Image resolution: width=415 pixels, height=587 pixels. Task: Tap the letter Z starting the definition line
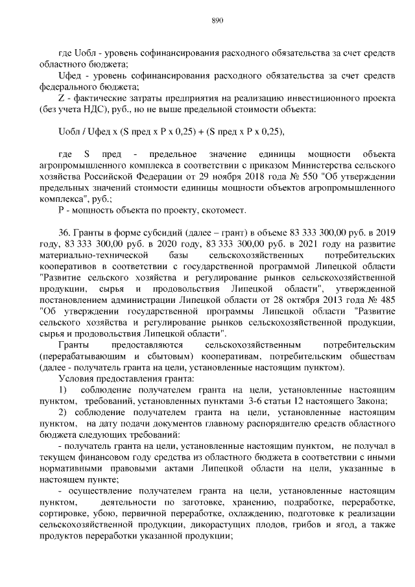click(61, 97)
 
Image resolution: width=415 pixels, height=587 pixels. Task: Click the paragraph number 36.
click(64, 233)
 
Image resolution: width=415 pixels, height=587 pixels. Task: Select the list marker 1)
click(63, 390)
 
